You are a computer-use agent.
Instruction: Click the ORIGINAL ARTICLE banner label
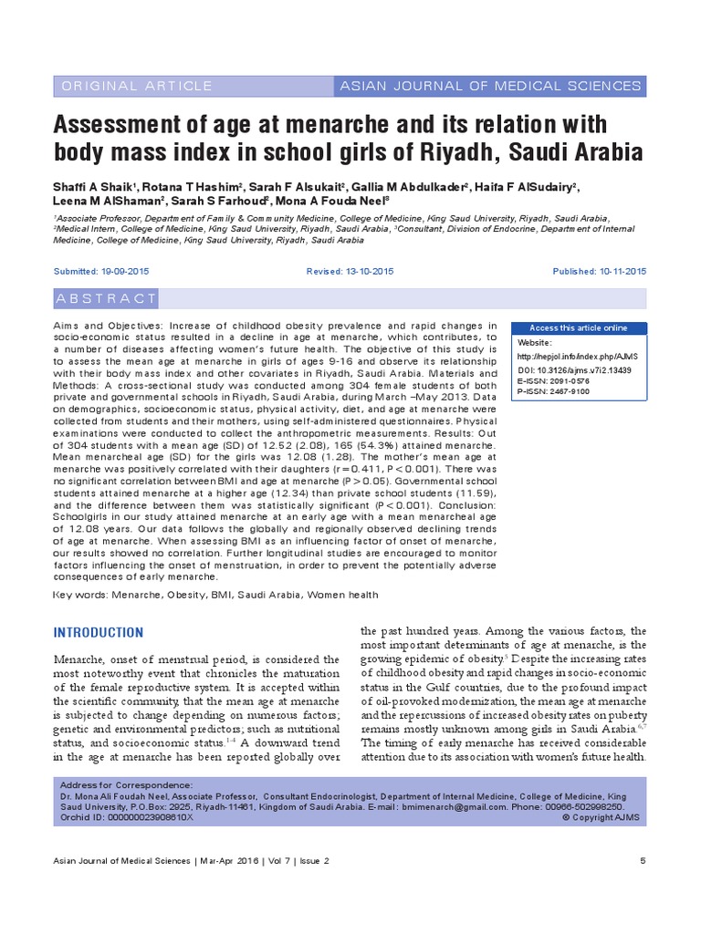pyautogui.click(x=135, y=86)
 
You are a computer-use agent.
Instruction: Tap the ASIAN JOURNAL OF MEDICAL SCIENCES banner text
pyautogui.click(x=490, y=86)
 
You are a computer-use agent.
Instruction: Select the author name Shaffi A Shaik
pyautogui.click(x=97, y=187)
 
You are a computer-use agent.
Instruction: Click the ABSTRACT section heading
pyautogui.click(x=107, y=298)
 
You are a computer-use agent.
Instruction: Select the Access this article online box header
pyautogui.click(x=579, y=328)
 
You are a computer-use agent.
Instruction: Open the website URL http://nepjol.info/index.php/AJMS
pyautogui.click(x=576, y=356)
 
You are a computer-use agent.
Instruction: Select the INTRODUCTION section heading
pyautogui.click(x=99, y=633)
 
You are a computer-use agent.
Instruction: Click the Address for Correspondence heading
pyautogui.click(x=126, y=785)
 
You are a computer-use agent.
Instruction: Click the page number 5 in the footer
pyautogui.click(x=643, y=861)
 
